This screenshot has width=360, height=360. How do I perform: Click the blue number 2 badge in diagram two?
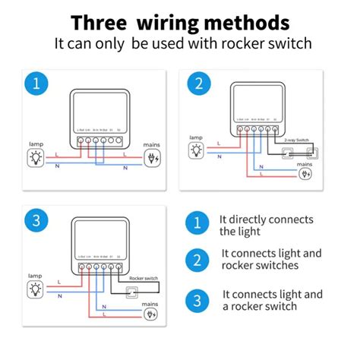[x=198, y=84]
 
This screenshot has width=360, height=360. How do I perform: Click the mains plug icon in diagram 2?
[x=305, y=174]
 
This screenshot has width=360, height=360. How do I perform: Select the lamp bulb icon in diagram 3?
[x=35, y=289]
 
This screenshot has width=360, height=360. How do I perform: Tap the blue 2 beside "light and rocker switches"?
[x=197, y=260]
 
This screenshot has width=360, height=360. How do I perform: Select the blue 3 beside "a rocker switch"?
[x=197, y=300]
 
